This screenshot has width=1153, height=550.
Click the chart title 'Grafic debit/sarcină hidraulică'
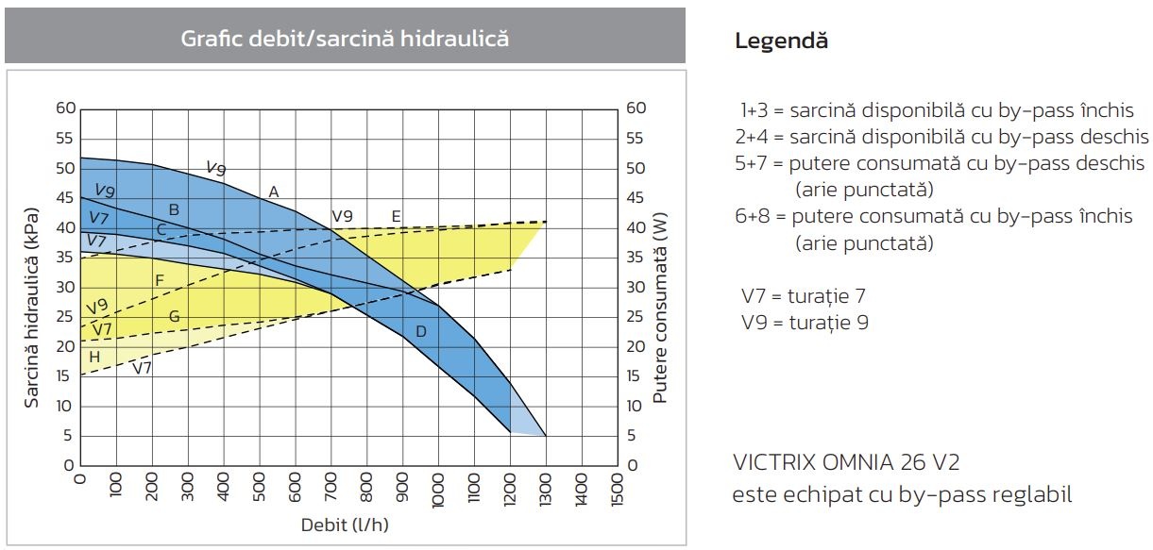coord(345,39)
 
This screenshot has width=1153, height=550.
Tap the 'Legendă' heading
coord(781,42)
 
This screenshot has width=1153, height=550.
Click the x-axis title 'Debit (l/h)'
coord(345,525)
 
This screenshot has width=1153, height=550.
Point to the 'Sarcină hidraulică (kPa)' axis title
coord(31,308)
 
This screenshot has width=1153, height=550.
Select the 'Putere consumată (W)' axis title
coord(660,308)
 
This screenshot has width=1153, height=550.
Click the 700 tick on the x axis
coord(331,487)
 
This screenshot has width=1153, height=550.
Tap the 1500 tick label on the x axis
coord(618,490)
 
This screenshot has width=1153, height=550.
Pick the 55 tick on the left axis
coord(65,139)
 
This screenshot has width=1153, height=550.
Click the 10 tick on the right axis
coord(634,406)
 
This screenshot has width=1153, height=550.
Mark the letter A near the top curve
coord(274,192)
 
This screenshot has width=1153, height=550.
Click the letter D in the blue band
coord(421,331)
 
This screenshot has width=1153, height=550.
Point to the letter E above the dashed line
coord(396,216)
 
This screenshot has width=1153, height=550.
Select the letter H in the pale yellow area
coord(94,357)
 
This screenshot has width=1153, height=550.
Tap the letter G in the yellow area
coord(175,316)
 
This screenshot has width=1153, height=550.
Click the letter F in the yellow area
coord(160,280)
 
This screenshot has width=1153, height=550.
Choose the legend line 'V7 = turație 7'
coord(804,296)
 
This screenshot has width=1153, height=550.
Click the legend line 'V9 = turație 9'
coord(805,323)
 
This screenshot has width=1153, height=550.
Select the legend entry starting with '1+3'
coord(937,110)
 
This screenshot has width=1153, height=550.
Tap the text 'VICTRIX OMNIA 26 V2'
coord(846,462)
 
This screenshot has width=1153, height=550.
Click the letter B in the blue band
coord(174,209)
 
